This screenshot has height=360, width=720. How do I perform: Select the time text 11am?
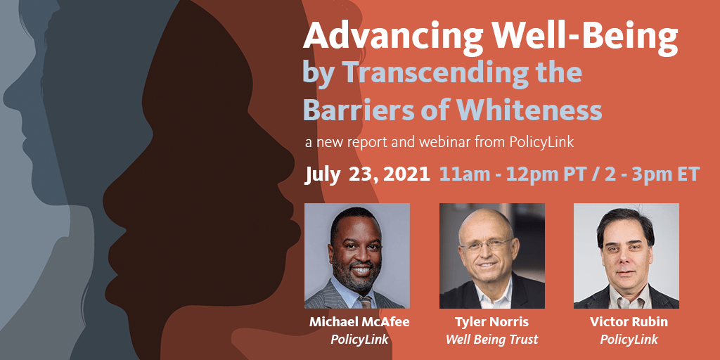click(x=461, y=174)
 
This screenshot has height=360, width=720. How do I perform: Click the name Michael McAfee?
click(x=359, y=322)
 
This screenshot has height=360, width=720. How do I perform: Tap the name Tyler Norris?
click(x=492, y=322)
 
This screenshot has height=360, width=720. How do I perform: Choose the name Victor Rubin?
click(x=629, y=322)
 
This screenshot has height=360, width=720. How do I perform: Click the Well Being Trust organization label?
click(x=492, y=340)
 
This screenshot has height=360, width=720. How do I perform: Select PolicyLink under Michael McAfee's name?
click(x=359, y=340)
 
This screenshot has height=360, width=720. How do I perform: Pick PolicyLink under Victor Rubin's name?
click(x=629, y=340)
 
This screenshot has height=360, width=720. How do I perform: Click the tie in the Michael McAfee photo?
click(x=366, y=302)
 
